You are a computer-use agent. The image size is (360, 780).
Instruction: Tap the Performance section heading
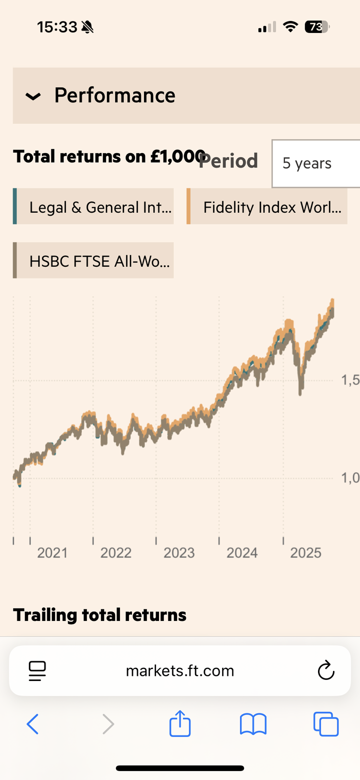click(x=114, y=95)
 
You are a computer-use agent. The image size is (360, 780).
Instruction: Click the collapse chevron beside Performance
click(x=33, y=96)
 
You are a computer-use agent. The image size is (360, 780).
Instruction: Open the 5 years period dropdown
click(x=315, y=164)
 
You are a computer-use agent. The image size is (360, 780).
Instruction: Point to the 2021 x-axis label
click(x=52, y=553)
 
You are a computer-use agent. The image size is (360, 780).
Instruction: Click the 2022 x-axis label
click(x=115, y=553)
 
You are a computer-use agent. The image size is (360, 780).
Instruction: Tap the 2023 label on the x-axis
click(x=179, y=553)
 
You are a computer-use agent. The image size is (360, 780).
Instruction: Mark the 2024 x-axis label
click(x=242, y=553)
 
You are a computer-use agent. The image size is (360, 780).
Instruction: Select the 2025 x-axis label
click(x=305, y=553)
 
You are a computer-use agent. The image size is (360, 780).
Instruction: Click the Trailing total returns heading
click(x=99, y=615)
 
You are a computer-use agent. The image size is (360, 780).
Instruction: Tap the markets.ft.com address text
click(x=180, y=670)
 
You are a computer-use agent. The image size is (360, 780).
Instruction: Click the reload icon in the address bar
click(x=326, y=670)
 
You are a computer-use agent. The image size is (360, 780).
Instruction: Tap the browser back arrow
click(x=32, y=724)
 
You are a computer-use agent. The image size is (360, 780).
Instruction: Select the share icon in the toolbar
click(x=180, y=724)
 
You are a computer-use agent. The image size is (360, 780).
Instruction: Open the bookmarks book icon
click(x=253, y=724)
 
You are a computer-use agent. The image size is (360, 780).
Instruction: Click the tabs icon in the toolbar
click(x=326, y=724)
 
